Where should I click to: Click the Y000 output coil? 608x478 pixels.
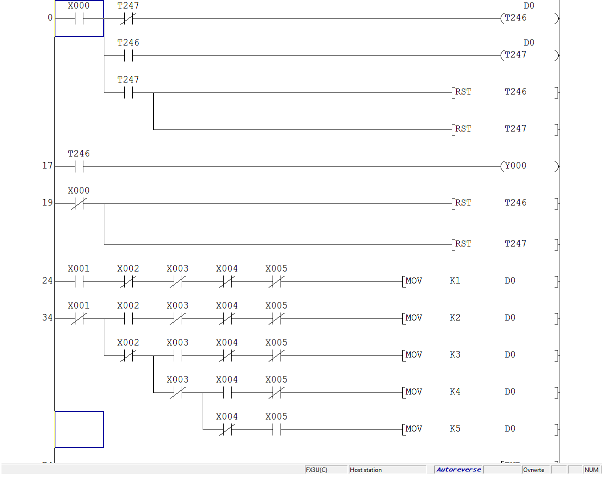pos(516,166)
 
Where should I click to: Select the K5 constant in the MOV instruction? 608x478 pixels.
pos(455,428)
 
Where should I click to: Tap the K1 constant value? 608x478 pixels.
pos(455,280)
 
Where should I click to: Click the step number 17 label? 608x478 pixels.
pos(47,165)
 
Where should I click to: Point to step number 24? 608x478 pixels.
pos(47,280)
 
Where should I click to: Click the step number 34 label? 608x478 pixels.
pos(47,317)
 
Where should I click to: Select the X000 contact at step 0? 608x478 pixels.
pos(79,19)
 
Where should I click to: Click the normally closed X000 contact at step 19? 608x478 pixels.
pos(79,203)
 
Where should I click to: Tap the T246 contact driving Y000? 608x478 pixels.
pos(79,166)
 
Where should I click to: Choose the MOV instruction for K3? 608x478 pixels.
pos(414,354)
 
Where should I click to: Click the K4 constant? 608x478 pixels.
pos(455,391)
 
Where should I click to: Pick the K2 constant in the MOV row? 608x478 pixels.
pos(455,317)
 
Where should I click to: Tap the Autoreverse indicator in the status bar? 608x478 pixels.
pos(458,470)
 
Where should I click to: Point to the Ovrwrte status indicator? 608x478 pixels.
pos(534,470)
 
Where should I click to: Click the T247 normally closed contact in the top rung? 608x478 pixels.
pos(128,19)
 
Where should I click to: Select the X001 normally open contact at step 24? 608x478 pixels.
pos(79,281)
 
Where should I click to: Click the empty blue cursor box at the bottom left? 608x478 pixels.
pos(79,429)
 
